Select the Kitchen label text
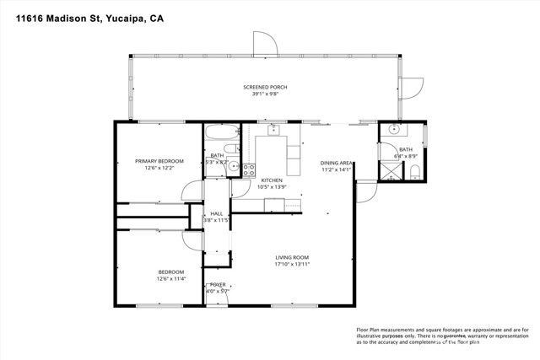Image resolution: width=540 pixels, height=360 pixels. pyautogui.click(x=271, y=180)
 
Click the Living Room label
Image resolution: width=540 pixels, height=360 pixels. pyautogui.click(x=293, y=257)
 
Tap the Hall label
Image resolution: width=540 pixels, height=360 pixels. pyautogui.click(x=217, y=213)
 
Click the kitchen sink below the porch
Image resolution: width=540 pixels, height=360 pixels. pyautogui.click(x=273, y=131)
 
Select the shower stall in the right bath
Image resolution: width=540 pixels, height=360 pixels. pyautogui.click(x=391, y=172)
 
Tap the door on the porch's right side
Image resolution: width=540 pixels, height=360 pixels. pyautogui.click(x=411, y=88)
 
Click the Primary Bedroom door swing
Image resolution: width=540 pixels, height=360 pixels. pyautogui.click(x=192, y=192)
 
